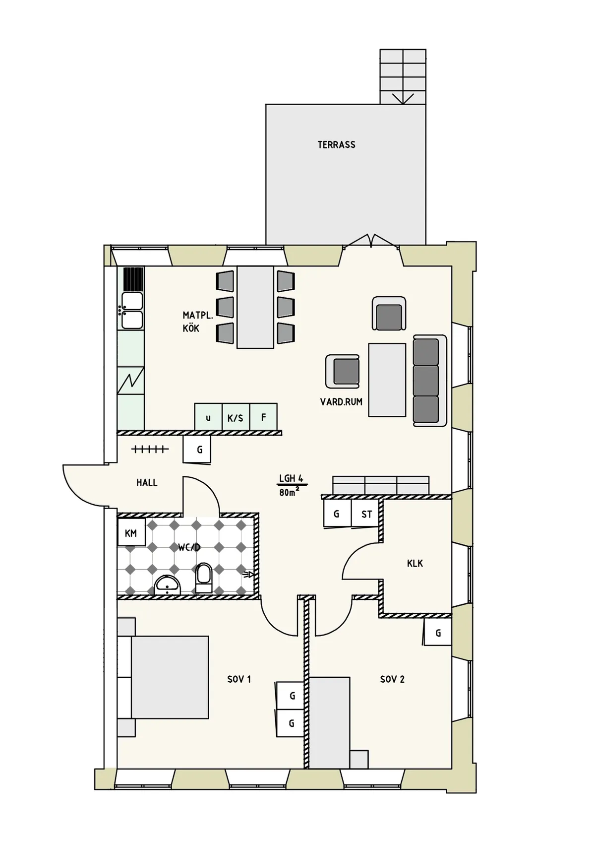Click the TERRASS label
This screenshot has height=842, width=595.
point(336,145)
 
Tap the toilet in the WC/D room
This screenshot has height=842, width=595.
point(204,577)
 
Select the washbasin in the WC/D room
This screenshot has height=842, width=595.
point(168,585)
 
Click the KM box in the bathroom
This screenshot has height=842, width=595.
point(131,533)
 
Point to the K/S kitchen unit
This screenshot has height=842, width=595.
point(236,417)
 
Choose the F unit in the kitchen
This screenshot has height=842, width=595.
point(263,417)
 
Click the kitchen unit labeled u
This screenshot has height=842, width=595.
point(208,417)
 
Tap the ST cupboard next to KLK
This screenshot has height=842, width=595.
point(366,514)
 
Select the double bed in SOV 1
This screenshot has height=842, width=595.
point(169,677)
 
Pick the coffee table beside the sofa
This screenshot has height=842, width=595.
point(387,380)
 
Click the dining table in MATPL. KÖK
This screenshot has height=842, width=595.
point(255,307)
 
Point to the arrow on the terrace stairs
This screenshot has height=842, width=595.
point(403,98)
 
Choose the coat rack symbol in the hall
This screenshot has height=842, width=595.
point(150,449)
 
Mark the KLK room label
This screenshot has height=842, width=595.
point(415,563)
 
